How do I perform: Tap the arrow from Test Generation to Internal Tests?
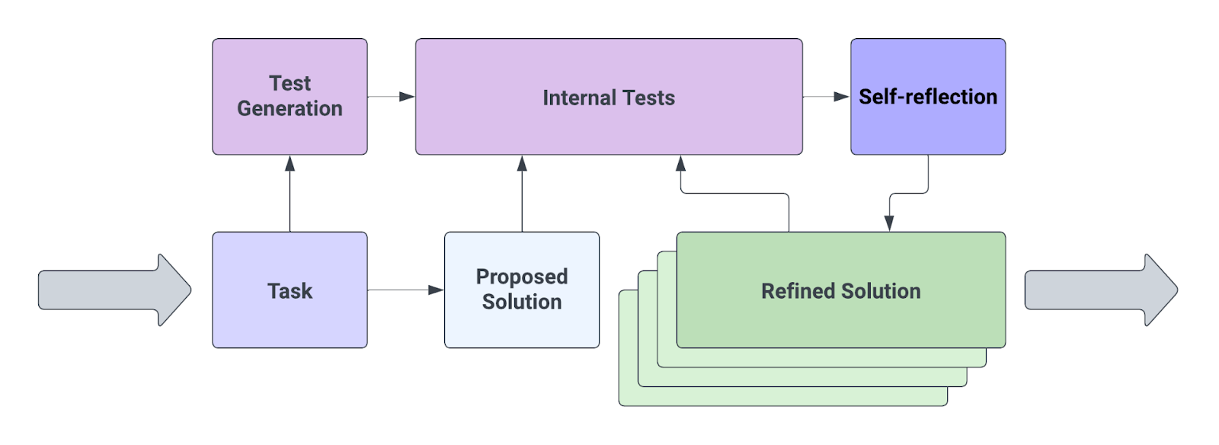(391, 97)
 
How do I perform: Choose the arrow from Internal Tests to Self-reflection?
(826, 97)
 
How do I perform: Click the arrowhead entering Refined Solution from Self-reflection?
(888, 222)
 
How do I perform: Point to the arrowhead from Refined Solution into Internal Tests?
(680, 164)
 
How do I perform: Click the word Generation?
(290, 109)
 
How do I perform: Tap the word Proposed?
(522, 277)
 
